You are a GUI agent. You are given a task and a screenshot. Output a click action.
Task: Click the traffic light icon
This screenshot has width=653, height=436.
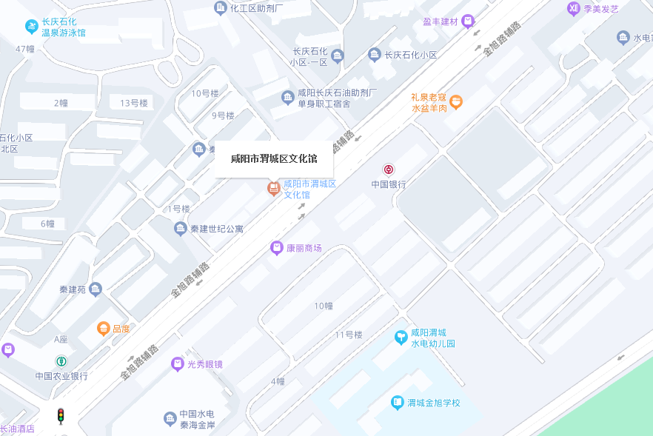(x=61, y=416)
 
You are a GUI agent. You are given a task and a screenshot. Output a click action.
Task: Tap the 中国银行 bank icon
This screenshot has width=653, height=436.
(x=389, y=170)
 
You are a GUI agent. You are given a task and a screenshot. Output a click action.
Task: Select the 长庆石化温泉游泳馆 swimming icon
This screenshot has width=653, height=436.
(x=31, y=27)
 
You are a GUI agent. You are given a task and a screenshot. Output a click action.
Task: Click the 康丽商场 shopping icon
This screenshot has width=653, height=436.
(x=277, y=248)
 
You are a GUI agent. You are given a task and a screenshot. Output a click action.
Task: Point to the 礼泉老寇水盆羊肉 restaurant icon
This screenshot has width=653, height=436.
(x=456, y=101)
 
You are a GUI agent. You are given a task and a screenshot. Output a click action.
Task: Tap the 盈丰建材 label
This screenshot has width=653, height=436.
(x=441, y=21)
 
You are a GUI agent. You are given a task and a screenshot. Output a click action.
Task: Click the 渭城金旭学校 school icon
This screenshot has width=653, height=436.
(x=398, y=403)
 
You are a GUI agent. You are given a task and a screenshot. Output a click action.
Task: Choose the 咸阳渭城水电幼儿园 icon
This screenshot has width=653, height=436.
(x=401, y=338)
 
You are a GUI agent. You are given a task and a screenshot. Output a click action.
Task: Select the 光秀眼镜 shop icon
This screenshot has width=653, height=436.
(x=178, y=363)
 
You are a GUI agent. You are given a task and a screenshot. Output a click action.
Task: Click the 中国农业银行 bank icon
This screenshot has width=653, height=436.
(x=61, y=361)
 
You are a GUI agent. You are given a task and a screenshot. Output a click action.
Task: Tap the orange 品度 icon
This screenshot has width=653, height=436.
(x=104, y=328)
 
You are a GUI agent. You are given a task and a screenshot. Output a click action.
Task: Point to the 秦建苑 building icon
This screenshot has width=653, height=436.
(x=95, y=289)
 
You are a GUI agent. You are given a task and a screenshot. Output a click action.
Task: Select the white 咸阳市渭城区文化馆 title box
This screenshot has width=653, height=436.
(x=274, y=158)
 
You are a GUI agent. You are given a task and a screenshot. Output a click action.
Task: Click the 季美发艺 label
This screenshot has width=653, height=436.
(x=601, y=9)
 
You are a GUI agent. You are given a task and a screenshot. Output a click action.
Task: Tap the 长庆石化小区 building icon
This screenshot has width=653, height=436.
(x=375, y=55)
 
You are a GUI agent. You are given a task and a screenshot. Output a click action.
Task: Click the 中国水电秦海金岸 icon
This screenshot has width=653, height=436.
(x=170, y=419)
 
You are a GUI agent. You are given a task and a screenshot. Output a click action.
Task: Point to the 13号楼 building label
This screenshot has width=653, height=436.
(x=134, y=103)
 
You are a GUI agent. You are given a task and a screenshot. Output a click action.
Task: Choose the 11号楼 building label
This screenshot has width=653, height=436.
(x=348, y=335)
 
